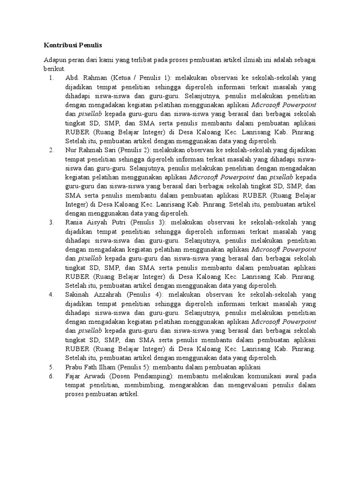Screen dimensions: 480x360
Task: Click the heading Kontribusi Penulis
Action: point(73,45)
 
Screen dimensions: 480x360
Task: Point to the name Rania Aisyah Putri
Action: point(96,222)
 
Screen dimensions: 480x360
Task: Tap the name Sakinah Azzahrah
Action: point(93,294)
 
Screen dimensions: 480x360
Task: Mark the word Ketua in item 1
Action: point(122,77)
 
